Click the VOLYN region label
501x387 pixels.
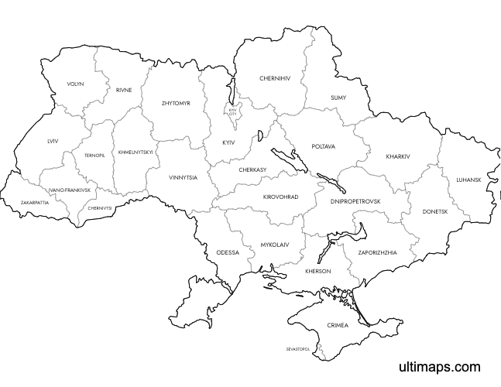pyautogui.click(x=75, y=84)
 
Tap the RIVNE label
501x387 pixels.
pyautogui.click(x=124, y=90)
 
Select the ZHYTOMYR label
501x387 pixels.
pyautogui.click(x=175, y=102)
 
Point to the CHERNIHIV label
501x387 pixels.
pyautogui.click(x=275, y=78)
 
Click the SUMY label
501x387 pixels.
pyautogui.click(x=338, y=98)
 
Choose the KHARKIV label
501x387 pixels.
pyautogui.click(x=397, y=156)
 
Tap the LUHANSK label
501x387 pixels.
pyautogui.click(x=468, y=180)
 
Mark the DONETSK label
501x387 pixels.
pyautogui.click(x=435, y=211)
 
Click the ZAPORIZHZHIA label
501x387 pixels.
pyautogui.click(x=378, y=252)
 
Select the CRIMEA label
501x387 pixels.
pyautogui.click(x=338, y=325)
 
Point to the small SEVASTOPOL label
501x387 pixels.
pyautogui.click(x=298, y=349)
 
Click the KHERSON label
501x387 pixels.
pyautogui.click(x=317, y=271)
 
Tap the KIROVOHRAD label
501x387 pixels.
pyautogui.click(x=280, y=197)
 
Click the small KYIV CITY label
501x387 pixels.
pyautogui.click(x=233, y=111)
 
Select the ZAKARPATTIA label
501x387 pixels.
pyautogui.click(x=35, y=202)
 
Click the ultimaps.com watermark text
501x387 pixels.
pyautogui.click(x=440, y=367)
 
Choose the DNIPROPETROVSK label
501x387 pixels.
pyautogui.click(x=355, y=201)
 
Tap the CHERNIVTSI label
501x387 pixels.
pyautogui.click(x=101, y=207)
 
